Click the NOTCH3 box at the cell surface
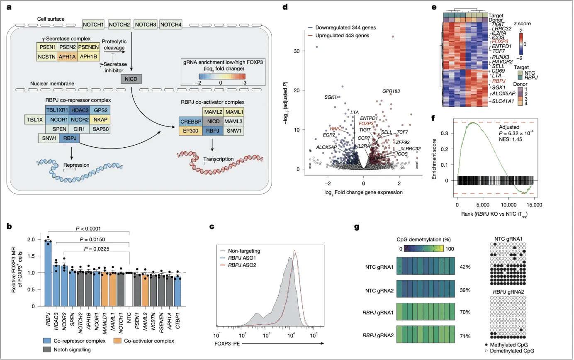click(x=146, y=24)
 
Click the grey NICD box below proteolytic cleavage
click(x=131, y=78)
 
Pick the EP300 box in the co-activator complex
click(x=191, y=131)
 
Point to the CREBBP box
click(x=191, y=122)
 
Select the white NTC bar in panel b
click(x=129, y=289)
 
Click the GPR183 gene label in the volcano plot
click(x=391, y=91)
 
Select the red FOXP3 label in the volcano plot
click(x=367, y=123)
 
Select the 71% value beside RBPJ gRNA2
click(x=465, y=336)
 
